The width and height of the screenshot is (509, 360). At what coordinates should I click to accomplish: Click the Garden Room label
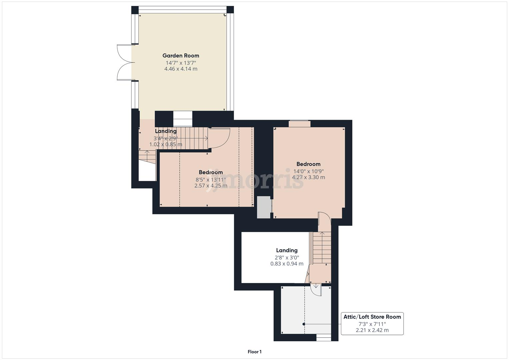click(181, 56)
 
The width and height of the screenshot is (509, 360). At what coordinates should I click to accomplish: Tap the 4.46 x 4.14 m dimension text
click(181, 69)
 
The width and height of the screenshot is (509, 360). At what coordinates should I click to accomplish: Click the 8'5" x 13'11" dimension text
click(211, 179)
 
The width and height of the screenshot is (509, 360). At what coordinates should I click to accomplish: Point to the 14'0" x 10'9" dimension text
click(308, 171)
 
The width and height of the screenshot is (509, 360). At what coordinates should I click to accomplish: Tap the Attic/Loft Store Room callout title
click(372, 317)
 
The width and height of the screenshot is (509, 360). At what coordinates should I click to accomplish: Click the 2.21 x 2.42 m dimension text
click(372, 330)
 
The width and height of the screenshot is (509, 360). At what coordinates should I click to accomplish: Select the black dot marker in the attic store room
click(304, 324)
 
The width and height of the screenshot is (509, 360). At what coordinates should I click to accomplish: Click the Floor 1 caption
click(254, 352)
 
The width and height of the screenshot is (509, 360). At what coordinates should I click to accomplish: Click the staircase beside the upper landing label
click(191, 138)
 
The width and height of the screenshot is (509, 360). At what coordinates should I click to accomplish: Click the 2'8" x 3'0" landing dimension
click(287, 257)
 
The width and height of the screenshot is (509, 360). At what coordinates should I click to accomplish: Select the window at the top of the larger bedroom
click(299, 123)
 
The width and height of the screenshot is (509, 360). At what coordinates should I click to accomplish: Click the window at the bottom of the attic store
click(323, 338)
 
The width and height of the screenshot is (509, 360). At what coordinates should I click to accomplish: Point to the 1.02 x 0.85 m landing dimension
click(166, 145)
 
